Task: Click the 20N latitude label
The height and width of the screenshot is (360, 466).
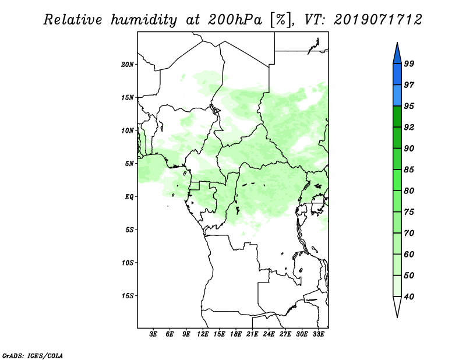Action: [128, 65]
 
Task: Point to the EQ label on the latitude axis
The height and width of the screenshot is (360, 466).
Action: [129, 197]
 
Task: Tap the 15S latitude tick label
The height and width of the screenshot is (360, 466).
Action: [128, 296]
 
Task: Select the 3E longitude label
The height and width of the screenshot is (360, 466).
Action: [153, 334]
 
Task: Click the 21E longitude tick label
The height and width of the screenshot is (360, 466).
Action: [252, 334]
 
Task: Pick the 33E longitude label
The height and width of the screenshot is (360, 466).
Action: [318, 334]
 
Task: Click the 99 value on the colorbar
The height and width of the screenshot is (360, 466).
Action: [409, 63]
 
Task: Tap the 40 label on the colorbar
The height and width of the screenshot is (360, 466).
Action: [409, 297]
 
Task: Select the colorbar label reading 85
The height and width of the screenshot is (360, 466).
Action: [409, 170]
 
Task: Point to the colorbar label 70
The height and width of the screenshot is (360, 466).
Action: [409, 233]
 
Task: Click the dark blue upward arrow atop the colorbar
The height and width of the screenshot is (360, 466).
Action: [397, 54]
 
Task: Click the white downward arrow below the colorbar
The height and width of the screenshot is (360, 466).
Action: [397, 307]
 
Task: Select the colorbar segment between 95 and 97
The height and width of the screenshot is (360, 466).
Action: [397, 96]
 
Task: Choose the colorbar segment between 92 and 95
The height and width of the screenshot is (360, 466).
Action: [397, 117]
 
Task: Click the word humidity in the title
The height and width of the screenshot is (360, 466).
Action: [144, 20]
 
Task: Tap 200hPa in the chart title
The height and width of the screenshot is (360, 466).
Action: [235, 20]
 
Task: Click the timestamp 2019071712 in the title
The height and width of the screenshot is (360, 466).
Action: [377, 20]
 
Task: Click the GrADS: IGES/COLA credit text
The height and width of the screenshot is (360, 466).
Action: [33, 355]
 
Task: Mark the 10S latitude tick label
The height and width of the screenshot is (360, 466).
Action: [128, 263]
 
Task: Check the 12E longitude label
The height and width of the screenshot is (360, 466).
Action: [203, 334]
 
